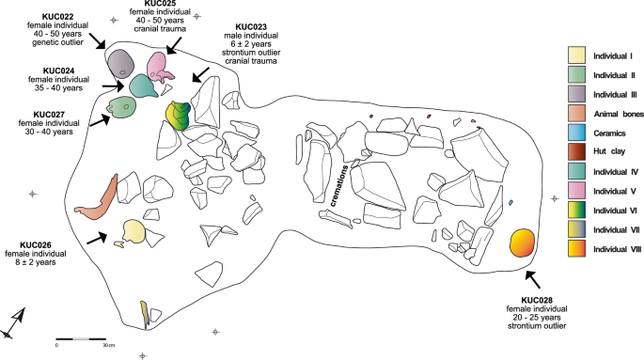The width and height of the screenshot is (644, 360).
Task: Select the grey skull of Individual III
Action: click(120, 64)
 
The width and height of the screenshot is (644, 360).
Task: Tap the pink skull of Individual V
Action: click(161, 69)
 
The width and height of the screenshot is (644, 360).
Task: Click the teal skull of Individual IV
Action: click(142, 86)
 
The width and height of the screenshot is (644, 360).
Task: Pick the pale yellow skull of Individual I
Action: click(134, 230)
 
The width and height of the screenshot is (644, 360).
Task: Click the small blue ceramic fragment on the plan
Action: click(510, 202)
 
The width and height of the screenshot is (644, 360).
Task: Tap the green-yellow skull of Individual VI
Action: click(178, 115)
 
